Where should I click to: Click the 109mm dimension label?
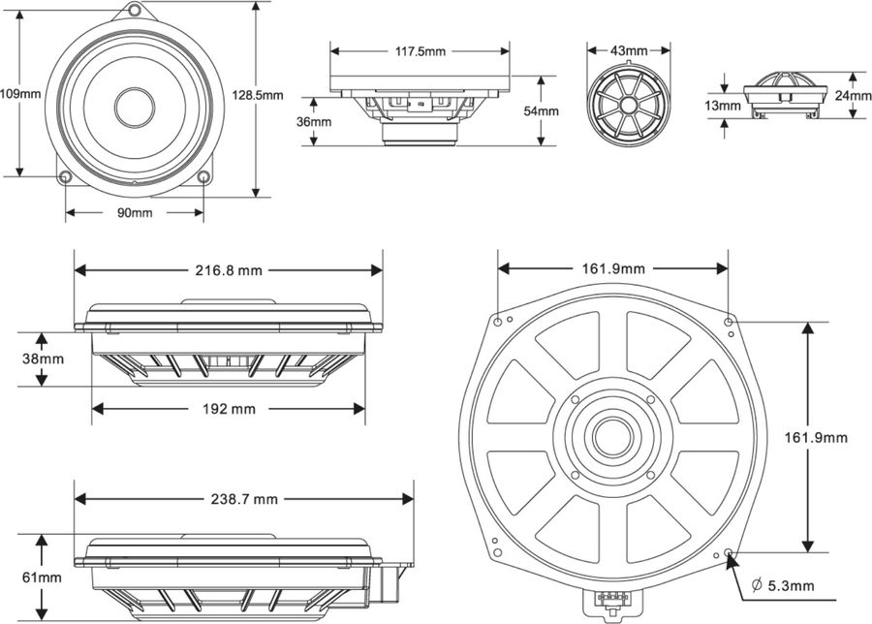click(20, 94)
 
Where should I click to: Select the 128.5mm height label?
click(258, 94)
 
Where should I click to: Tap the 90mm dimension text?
click(135, 212)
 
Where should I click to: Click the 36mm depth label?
click(314, 122)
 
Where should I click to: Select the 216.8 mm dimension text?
click(229, 270)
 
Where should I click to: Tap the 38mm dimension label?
click(42, 359)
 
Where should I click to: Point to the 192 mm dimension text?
click(229, 409)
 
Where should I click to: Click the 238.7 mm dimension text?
click(243, 499)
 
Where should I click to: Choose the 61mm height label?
click(42, 577)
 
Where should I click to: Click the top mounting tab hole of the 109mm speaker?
click(134, 11)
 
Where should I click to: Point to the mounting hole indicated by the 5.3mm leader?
click(729, 552)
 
